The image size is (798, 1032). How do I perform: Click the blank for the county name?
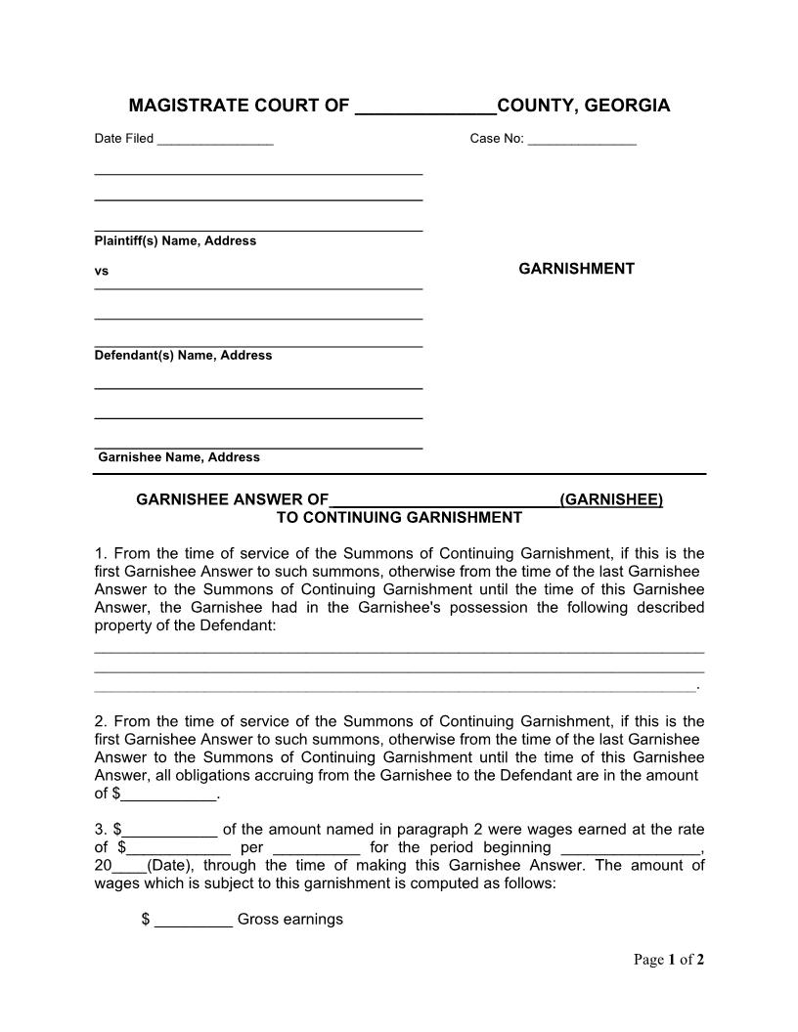[424, 107]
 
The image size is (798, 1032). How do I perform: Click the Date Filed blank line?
[214, 141]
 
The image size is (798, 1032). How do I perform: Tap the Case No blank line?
[582, 141]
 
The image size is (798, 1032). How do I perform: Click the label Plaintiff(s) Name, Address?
[175, 241]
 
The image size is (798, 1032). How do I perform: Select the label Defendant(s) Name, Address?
[183, 356]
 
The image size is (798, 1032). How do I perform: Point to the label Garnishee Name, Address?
[179, 457]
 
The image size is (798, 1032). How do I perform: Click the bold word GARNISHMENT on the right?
[576, 269]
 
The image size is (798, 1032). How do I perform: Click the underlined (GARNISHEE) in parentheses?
[611, 500]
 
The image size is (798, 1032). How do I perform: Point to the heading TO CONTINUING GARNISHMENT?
[399, 517]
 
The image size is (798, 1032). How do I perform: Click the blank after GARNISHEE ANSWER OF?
[444, 501]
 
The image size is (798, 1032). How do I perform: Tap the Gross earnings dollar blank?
[194, 921]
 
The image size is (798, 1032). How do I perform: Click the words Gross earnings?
[290, 920]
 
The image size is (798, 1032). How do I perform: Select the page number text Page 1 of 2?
[669, 960]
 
